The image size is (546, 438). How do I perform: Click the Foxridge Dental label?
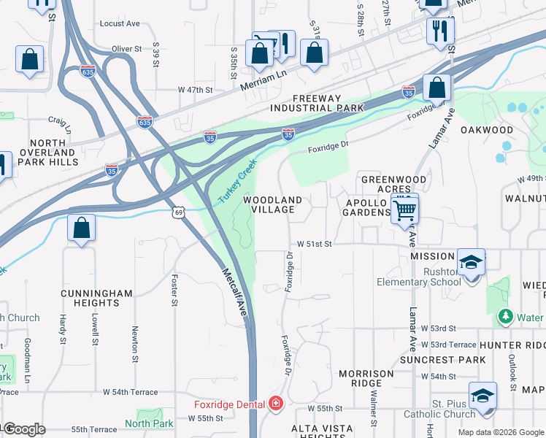(229, 404)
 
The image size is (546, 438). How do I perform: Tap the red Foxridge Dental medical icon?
(275, 403)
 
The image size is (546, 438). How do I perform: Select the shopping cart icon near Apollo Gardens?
(404, 211)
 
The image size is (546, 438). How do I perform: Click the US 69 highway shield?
(179, 212)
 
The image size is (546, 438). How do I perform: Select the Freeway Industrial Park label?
(328, 103)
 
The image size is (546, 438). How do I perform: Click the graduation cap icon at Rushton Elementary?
(471, 261)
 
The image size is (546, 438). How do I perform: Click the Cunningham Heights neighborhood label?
(97, 299)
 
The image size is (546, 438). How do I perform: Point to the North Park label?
(149, 423)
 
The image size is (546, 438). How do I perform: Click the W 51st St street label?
(315, 245)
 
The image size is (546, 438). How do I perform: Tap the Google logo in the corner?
(23, 429)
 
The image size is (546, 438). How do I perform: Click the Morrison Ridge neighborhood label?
(366, 378)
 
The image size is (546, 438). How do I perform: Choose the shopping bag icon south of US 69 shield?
(82, 228)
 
